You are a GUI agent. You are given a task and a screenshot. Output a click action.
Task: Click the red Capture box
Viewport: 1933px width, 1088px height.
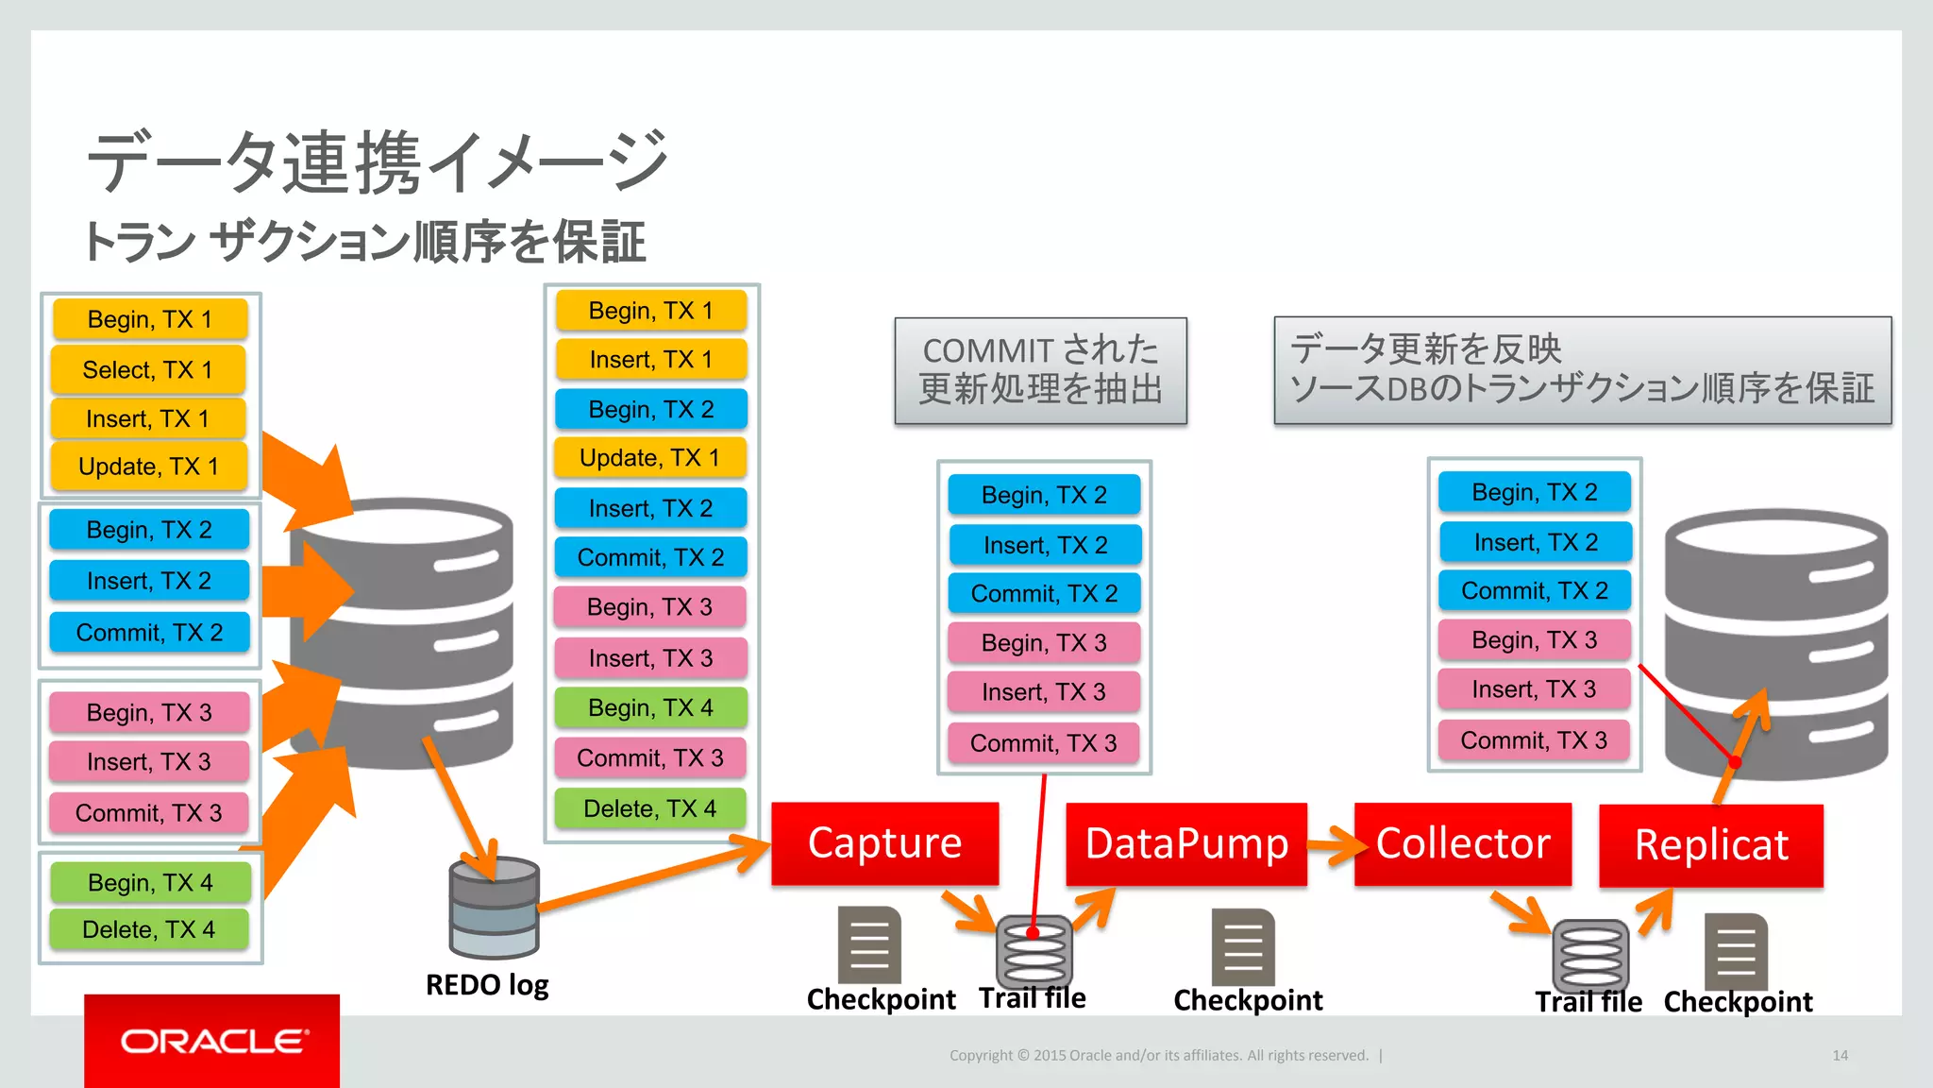pyautogui.click(x=884, y=843)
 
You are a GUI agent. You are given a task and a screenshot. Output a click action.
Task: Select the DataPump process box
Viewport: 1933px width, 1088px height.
pyautogui.click(x=1186, y=844)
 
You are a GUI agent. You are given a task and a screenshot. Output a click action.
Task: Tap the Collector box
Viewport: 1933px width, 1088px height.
pyautogui.click(x=1462, y=844)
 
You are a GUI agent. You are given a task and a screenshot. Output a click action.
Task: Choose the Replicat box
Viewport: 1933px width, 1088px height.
pyautogui.click(x=1710, y=845)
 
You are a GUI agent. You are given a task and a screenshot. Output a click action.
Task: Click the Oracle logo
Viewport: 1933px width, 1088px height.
pyautogui.click(x=212, y=1041)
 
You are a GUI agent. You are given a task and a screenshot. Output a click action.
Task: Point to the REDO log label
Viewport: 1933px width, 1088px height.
pyautogui.click(x=487, y=985)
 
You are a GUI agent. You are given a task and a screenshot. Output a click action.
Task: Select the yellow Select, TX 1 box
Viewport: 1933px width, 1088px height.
pyautogui.click(x=148, y=369)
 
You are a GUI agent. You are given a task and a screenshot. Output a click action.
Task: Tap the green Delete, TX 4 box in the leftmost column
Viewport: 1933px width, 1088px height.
pyautogui.click(x=149, y=929)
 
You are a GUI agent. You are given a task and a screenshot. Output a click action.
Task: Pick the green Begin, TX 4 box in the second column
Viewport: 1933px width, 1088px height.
pyautogui.click(x=650, y=707)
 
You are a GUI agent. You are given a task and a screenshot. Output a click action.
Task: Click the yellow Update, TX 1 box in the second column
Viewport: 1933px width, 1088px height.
pyautogui.click(x=649, y=458)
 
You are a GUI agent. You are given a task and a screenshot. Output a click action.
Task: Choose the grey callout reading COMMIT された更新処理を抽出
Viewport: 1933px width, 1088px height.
pyautogui.click(x=1040, y=370)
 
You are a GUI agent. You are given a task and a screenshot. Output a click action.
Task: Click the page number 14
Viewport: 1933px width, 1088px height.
pyautogui.click(x=1840, y=1055)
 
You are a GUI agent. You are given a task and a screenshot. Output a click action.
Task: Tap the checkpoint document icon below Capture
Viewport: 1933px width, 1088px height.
pyautogui.click(x=869, y=944)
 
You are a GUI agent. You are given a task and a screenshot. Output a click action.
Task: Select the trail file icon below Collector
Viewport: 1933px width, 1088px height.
pyautogui.click(x=1590, y=954)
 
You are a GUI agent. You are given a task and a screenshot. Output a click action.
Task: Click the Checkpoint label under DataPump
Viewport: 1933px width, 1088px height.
pyautogui.click(x=1248, y=1000)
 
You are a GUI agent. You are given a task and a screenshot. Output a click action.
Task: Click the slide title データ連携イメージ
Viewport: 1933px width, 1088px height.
pyautogui.click(x=378, y=162)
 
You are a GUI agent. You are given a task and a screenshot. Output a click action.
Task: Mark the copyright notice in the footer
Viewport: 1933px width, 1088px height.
pyautogui.click(x=1158, y=1055)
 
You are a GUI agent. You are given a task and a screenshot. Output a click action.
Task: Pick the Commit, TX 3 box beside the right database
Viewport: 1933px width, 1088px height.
pyautogui.click(x=1534, y=740)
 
